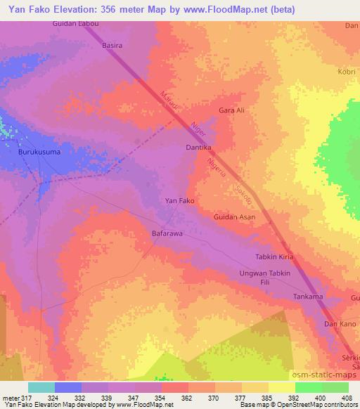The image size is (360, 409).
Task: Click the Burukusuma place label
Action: (x=39, y=151)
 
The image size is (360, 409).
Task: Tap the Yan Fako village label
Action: (x=179, y=201)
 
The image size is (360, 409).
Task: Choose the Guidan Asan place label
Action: (x=234, y=218)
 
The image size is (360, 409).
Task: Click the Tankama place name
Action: (x=308, y=297)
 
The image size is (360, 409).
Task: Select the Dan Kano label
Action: (x=339, y=324)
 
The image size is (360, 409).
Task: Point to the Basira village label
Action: (x=113, y=46)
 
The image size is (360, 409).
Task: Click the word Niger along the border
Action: (x=199, y=130)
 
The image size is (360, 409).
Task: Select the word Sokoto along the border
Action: (x=243, y=193)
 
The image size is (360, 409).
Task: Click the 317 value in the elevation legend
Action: (x=27, y=398)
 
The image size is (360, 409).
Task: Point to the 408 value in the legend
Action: (x=347, y=398)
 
